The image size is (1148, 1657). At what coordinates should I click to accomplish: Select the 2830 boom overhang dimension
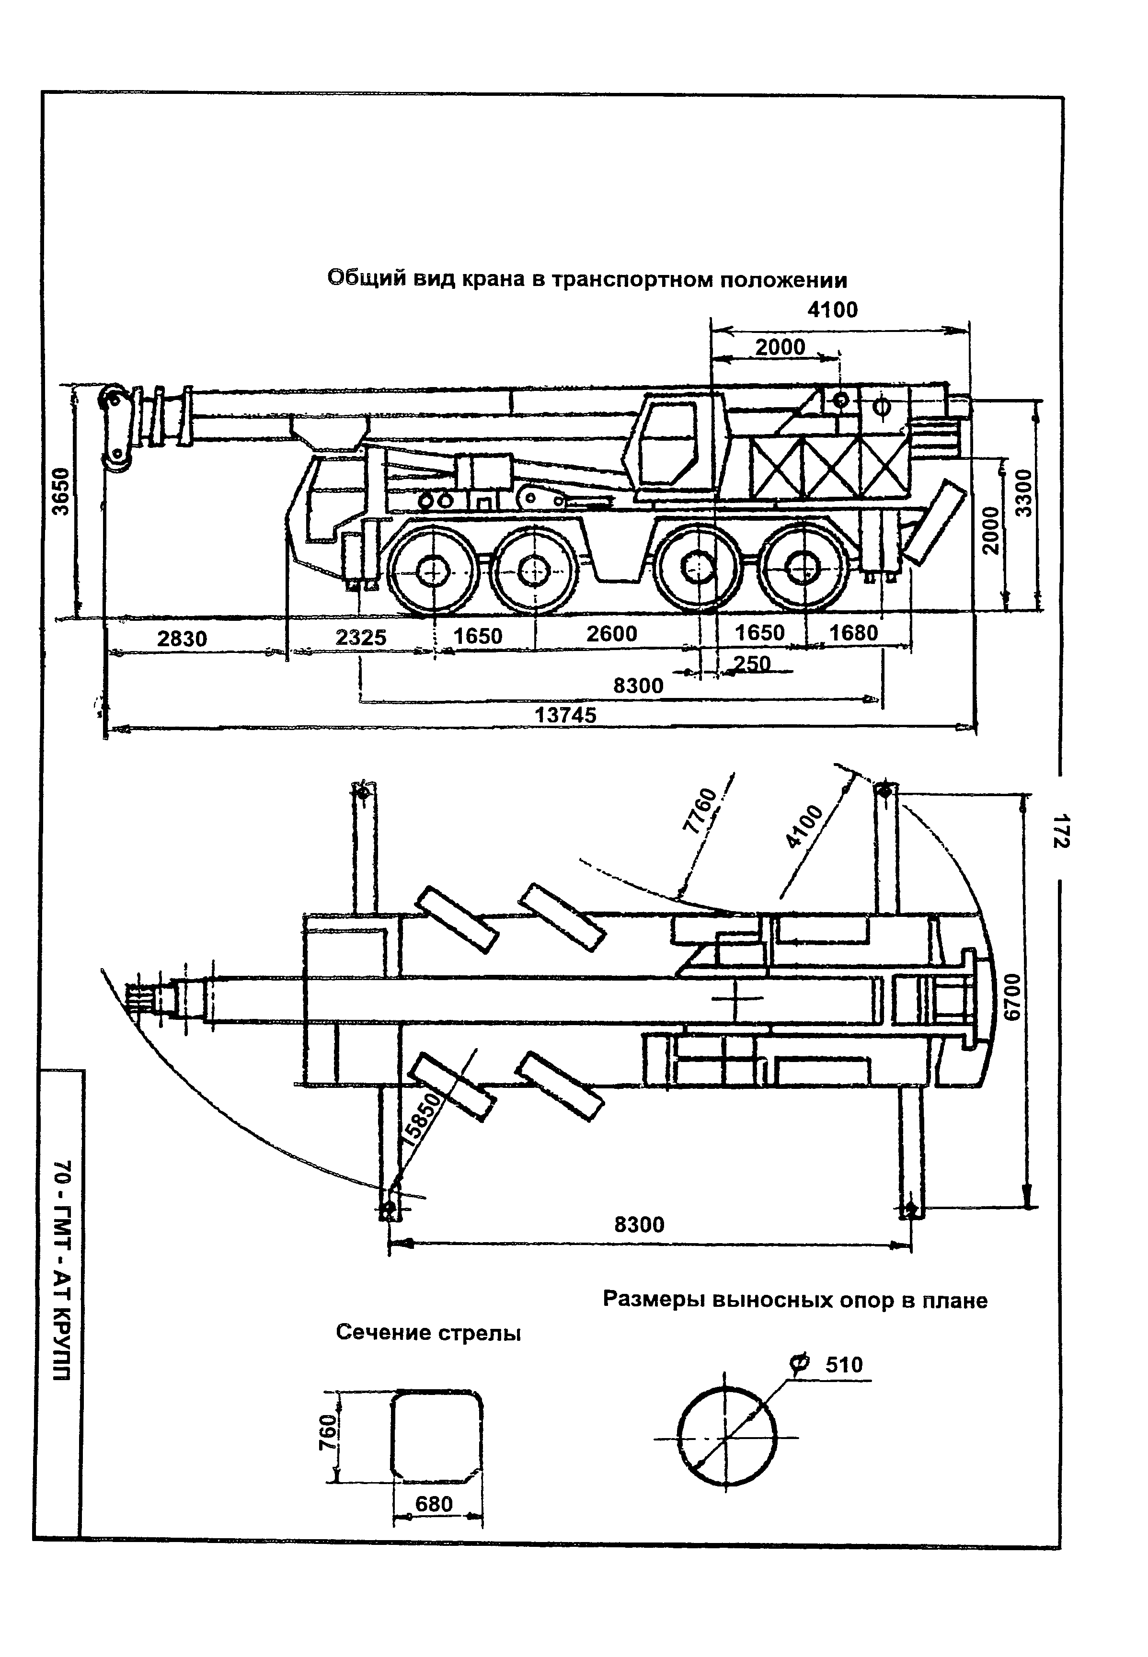(182, 639)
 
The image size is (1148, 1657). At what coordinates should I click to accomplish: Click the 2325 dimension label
(361, 637)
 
